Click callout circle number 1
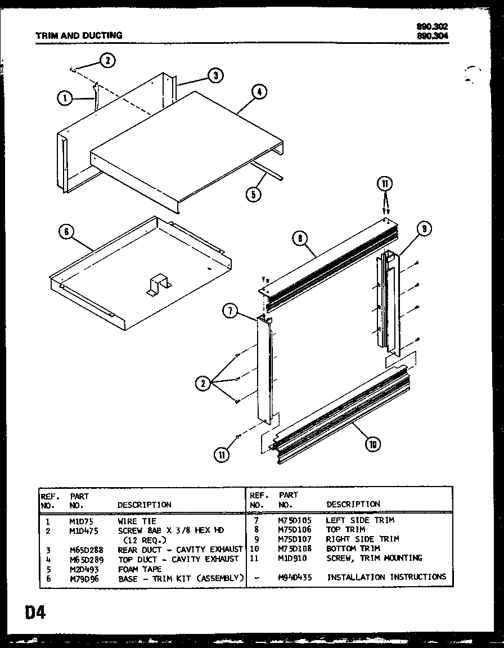click(x=65, y=98)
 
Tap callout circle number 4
click(x=258, y=93)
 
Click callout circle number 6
click(x=66, y=231)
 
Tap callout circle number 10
click(x=372, y=444)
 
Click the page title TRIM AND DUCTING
click(x=79, y=35)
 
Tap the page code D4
click(x=27, y=612)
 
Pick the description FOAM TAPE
click(x=139, y=569)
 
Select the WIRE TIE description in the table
click(x=137, y=521)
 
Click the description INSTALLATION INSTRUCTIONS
click(x=386, y=577)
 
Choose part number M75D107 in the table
click(x=294, y=539)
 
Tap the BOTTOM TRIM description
click(x=353, y=548)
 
